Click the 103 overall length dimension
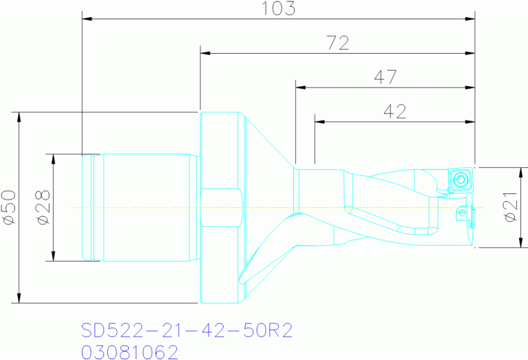coord(279,9)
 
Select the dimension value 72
coord(338,43)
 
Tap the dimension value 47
coord(386,77)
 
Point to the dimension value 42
coord(395,112)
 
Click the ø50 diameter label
coord(9,207)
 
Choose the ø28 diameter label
coord(44,207)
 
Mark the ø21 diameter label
coord(511,207)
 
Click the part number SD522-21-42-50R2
coord(187,330)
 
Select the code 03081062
coord(129,352)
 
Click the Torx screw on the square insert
coord(461,179)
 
